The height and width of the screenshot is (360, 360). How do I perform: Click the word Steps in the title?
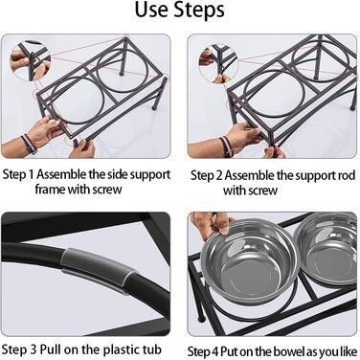point(198,11)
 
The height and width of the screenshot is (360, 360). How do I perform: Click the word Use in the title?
point(150,10)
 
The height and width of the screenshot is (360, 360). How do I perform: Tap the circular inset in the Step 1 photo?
point(31,60)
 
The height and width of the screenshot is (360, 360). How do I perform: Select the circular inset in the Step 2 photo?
point(218,64)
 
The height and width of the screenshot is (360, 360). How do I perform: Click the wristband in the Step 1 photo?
point(30,144)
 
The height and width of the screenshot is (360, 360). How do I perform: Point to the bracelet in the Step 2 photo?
point(226,146)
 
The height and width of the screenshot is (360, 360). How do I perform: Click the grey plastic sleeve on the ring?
point(99,270)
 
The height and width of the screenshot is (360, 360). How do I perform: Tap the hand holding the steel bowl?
point(211,224)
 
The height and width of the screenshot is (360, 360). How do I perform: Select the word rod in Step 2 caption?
point(347,175)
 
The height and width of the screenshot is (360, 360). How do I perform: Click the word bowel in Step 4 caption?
point(289,351)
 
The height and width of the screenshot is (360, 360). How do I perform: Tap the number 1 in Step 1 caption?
point(31,174)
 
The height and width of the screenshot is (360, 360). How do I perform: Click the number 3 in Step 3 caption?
point(34,349)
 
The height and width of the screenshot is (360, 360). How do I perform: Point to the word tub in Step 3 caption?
point(152,349)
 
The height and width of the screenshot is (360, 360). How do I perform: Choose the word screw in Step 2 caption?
point(263,191)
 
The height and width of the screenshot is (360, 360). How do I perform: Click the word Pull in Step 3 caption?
point(51,349)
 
